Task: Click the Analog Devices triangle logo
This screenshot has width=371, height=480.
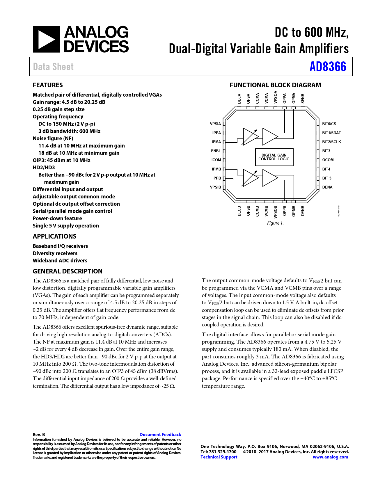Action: point(46,39)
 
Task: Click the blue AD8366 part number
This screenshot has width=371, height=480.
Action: point(328,67)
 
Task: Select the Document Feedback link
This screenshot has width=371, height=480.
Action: point(160,434)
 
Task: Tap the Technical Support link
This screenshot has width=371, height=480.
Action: point(219,457)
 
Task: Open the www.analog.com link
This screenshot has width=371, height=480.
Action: point(330,457)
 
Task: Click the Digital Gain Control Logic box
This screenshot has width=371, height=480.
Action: point(274,157)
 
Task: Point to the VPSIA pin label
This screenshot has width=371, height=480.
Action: point(215,124)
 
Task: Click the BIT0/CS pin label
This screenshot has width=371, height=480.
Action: point(329,124)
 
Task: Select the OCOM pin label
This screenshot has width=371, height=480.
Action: point(328,160)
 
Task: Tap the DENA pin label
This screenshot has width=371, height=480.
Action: point(327,187)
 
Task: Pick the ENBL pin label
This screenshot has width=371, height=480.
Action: point(216,151)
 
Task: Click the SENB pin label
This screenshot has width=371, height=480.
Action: point(303,98)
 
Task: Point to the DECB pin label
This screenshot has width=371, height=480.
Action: point(239,211)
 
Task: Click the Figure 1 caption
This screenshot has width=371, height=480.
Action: point(275,223)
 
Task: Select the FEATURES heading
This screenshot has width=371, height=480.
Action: point(48,85)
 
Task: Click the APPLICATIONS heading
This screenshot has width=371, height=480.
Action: point(54,236)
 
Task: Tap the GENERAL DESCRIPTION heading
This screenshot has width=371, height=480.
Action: point(68,271)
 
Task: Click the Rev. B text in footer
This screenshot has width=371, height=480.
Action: point(39,434)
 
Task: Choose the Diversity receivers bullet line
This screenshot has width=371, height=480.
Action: point(55,253)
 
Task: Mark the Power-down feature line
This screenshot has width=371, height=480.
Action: point(57,218)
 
